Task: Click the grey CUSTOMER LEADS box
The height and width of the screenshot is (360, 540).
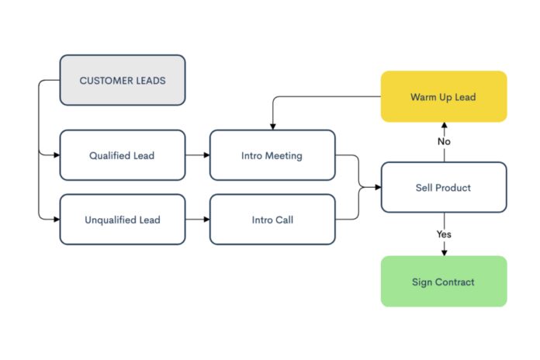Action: [123, 80]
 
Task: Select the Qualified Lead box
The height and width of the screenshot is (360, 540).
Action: [123, 155]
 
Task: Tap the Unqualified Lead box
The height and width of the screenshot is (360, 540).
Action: [123, 220]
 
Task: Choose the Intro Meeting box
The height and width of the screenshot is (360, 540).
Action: [272, 155]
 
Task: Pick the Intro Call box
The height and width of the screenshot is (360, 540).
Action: [272, 220]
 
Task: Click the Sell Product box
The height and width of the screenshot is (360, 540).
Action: [443, 188]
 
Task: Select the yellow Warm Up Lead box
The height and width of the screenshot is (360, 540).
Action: [443, 97]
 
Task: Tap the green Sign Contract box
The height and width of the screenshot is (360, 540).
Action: [443, 282]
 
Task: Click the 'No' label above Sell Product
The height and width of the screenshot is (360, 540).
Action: [444, 142]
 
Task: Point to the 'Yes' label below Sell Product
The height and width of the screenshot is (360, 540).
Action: [444, 234]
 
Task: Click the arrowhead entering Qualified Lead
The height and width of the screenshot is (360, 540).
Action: [57, 155]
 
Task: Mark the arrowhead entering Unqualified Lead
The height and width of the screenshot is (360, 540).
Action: [57, 220]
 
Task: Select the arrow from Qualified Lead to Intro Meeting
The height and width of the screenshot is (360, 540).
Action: [198, 155]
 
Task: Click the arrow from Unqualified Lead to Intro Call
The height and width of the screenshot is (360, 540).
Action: [198, 220]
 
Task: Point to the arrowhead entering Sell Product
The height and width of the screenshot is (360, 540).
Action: [377, 188]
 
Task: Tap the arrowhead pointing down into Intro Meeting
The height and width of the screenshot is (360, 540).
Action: [272, 126]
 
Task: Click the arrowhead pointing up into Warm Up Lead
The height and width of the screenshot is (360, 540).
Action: [444, 126]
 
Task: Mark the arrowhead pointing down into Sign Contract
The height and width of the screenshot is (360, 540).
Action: [444, 252]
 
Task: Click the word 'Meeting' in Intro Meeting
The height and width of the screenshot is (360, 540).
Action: [283, 155]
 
